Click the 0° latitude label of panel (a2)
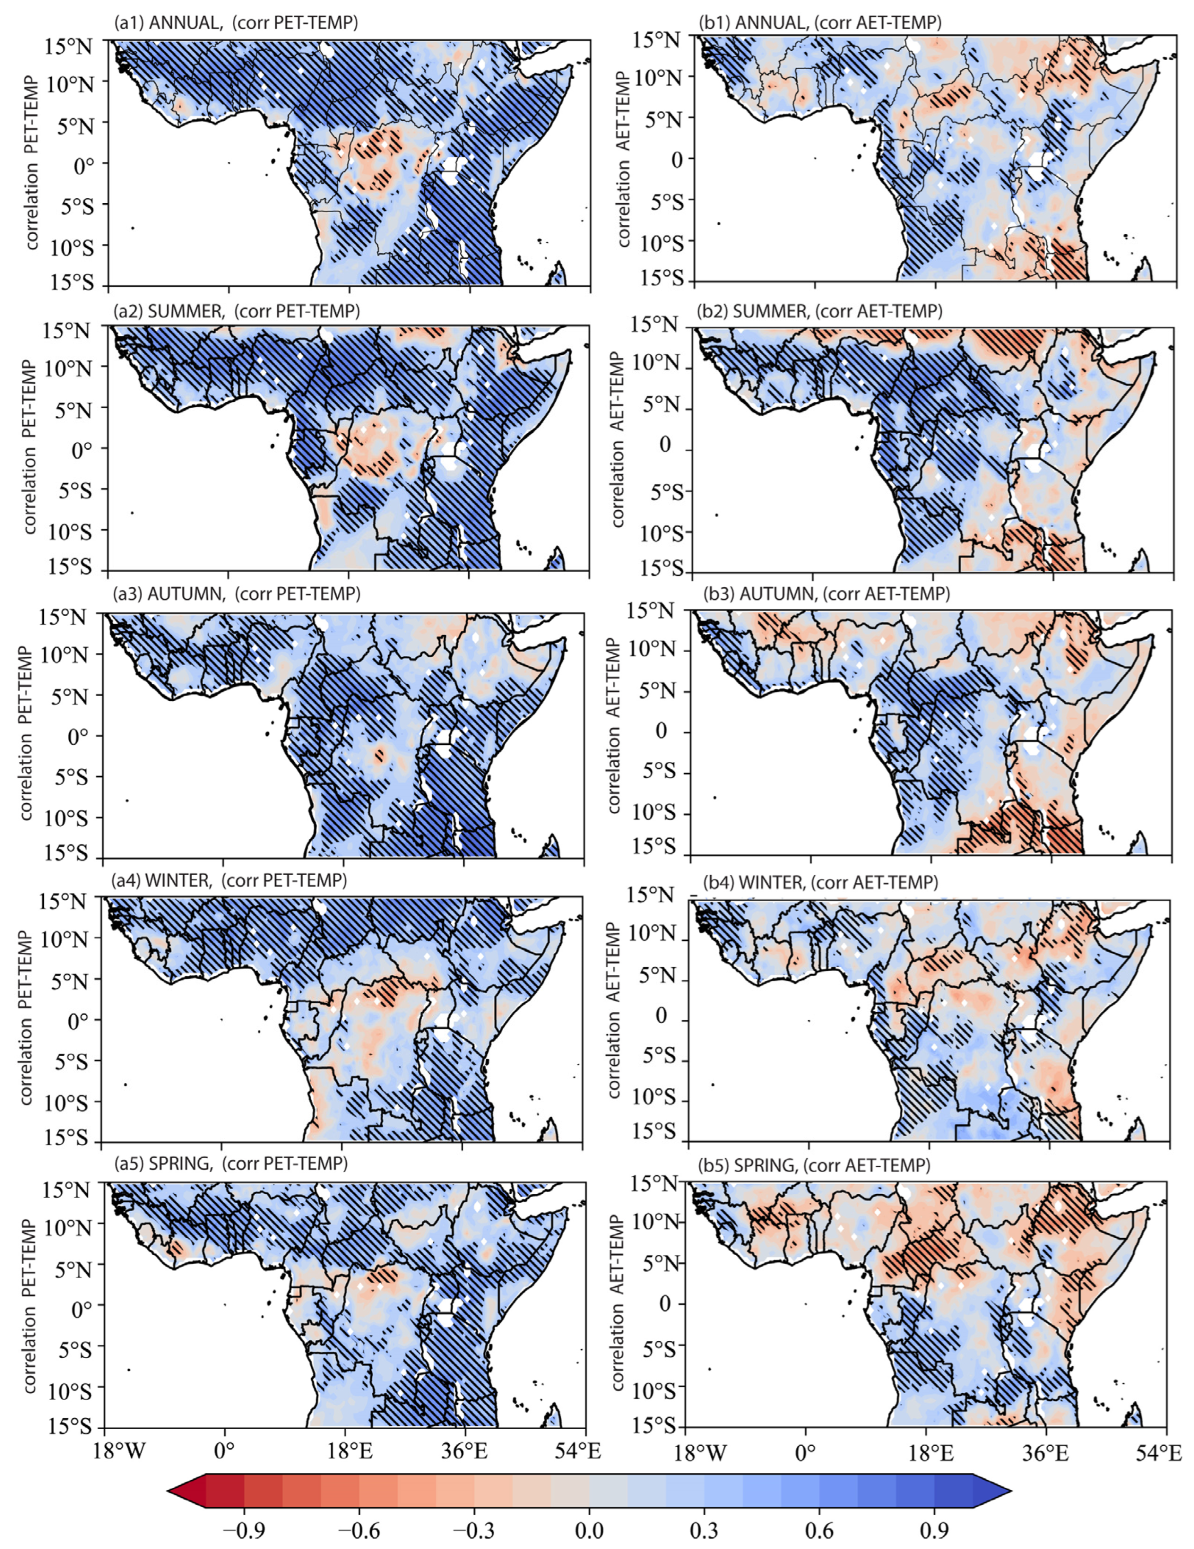pyautogui.click(x=79, y=449)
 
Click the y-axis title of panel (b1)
pyautogui.click(x=624, y=159)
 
